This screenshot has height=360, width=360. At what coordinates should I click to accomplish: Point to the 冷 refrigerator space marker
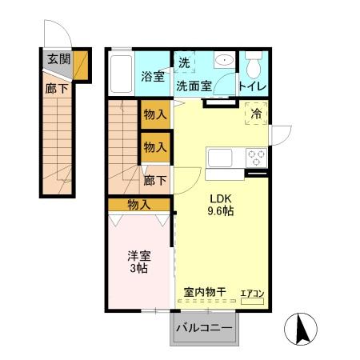click(256, 114)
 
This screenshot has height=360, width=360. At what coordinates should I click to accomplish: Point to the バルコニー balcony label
click(204, 329)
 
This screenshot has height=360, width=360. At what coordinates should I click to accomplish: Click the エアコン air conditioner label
click(253, 294)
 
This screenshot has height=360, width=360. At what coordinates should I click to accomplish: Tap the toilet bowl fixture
click(254, 65)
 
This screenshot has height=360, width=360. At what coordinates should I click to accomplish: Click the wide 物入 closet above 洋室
click(138, 205)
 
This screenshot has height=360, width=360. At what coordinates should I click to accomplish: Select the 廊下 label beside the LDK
click(155, 180)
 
